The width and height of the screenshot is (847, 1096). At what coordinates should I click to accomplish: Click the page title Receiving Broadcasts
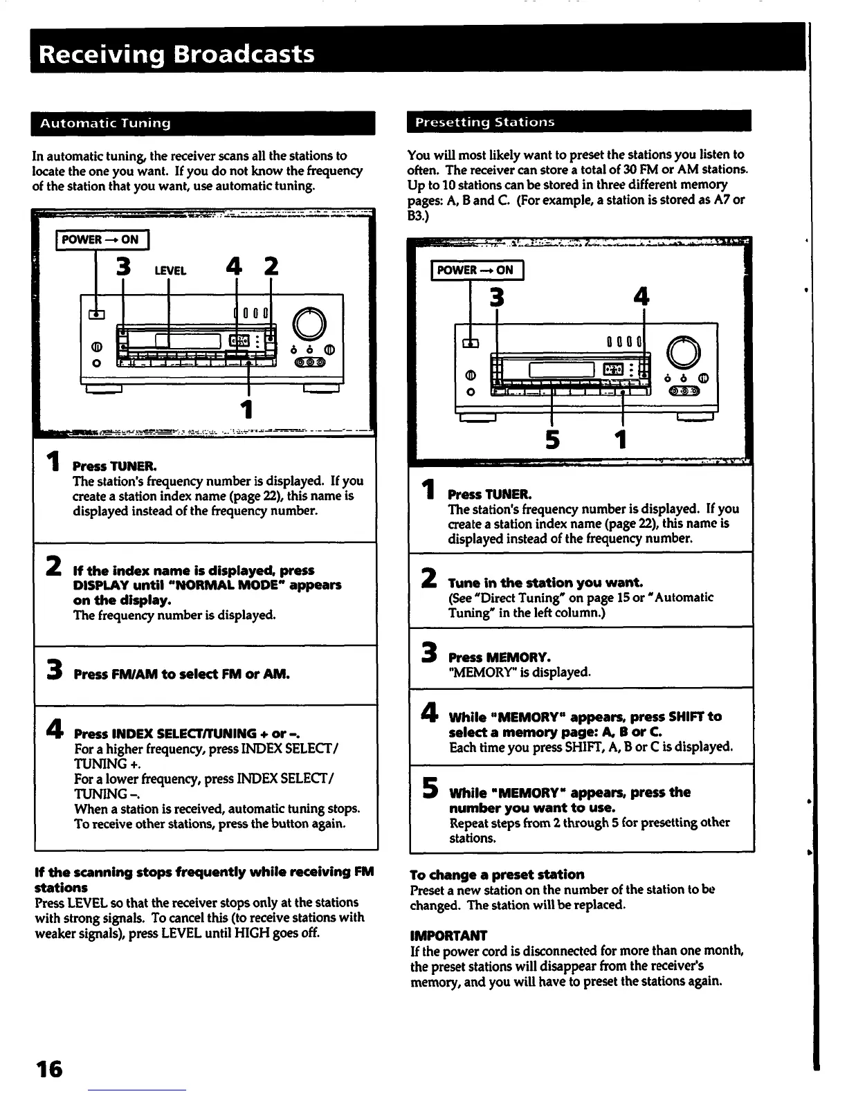(x=177, y=54)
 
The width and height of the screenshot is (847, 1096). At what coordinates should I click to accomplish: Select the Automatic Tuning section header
(x=105, y=124)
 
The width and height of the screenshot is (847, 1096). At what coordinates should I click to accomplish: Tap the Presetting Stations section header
(x=484, y=122)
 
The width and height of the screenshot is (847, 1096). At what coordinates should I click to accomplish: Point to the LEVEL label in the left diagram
(x=170, y=271)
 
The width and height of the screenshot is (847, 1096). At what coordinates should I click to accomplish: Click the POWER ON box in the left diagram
(x=100, y=240)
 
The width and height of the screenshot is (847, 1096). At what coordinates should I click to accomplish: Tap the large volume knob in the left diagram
(x=309, y=323)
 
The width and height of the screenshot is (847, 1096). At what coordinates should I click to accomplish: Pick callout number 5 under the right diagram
(x=552, y=439)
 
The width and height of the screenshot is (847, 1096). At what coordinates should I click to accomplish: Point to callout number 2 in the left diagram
(x=271, y=267)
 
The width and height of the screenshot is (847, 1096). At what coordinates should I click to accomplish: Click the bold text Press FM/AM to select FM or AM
(x=181, y=674)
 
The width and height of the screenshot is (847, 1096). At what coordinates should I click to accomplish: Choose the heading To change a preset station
(x=497, y=875)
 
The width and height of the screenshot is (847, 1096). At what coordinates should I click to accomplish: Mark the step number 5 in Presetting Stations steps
(x=430, y=788)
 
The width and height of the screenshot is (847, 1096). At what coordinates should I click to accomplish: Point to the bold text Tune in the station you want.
(x=545, y=583)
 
